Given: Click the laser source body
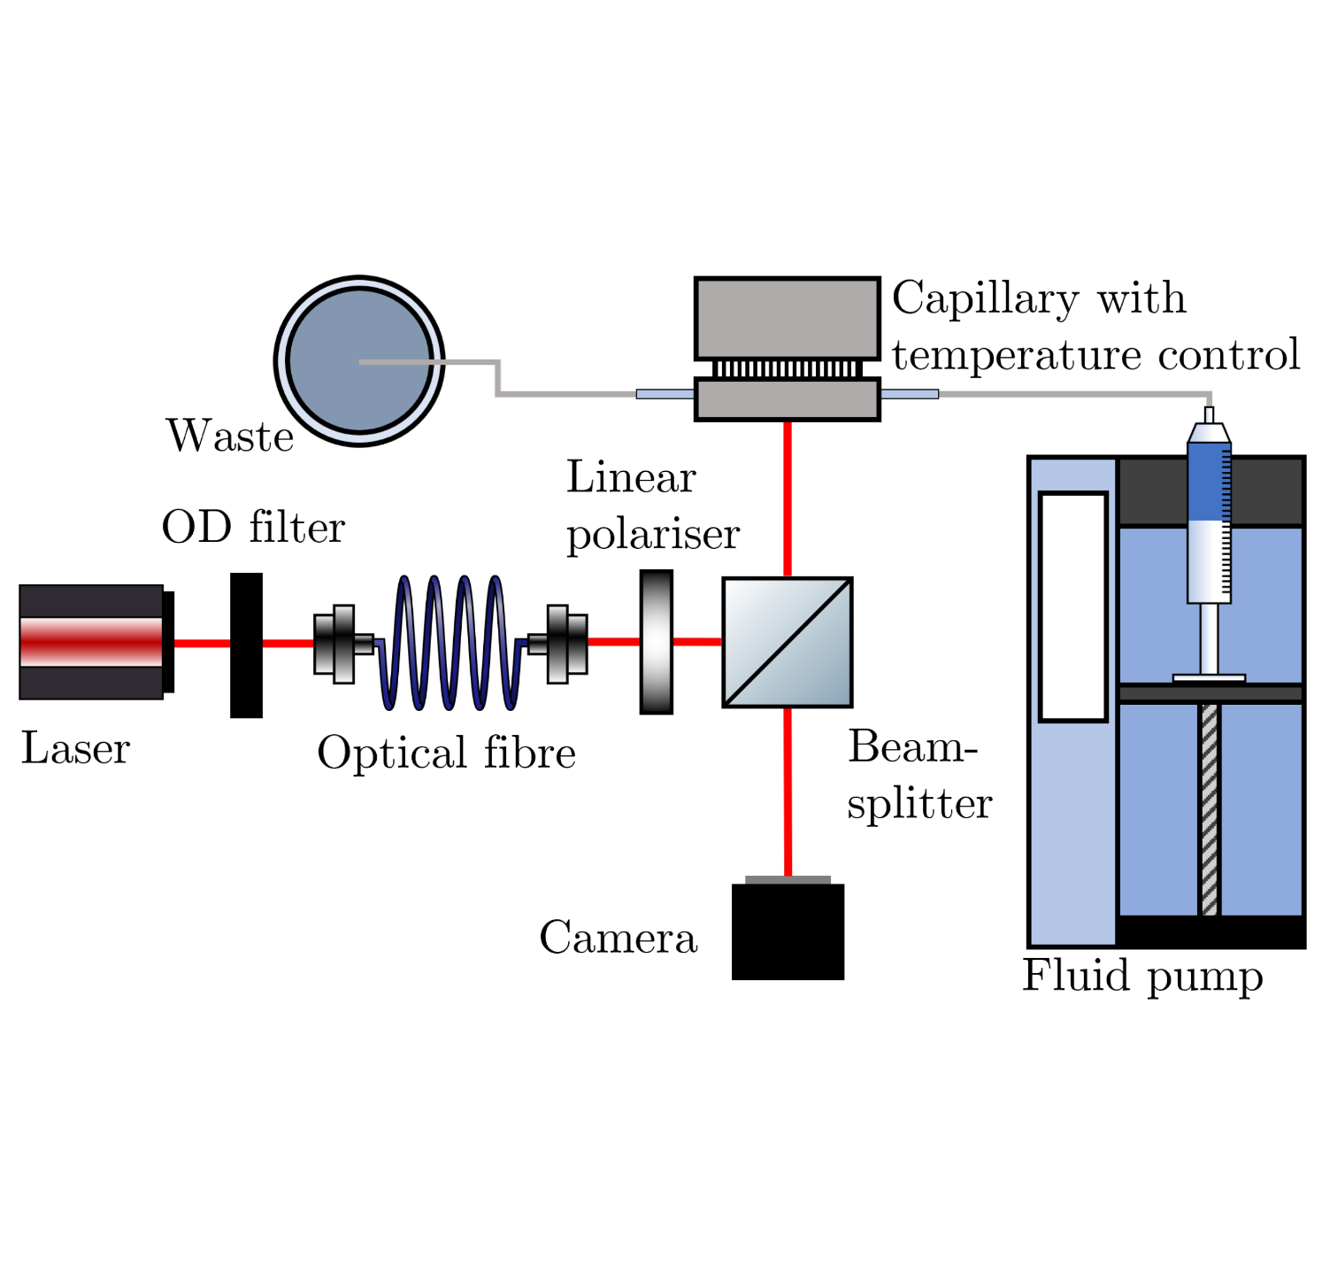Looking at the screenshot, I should click(92, 642).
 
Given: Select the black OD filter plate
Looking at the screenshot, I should click(246, 645).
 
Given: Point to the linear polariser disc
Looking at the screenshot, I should click(656, 642).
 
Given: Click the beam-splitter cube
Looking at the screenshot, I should click(787, 642).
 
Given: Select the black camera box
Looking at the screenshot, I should click(788, 931).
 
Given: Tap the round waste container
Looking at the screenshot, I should click(359, 361).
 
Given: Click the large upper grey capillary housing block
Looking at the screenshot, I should click(787, 318).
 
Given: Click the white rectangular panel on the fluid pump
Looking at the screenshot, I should click(1073, 607).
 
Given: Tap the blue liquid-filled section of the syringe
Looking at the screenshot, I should click(1208, 483).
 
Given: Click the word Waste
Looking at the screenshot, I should click(230, 437).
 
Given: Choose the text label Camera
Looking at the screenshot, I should click(618, 938).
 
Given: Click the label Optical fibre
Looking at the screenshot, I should click(447, 753).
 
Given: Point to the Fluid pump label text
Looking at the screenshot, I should click(1142, 976).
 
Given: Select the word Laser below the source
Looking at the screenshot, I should click(76, 748).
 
